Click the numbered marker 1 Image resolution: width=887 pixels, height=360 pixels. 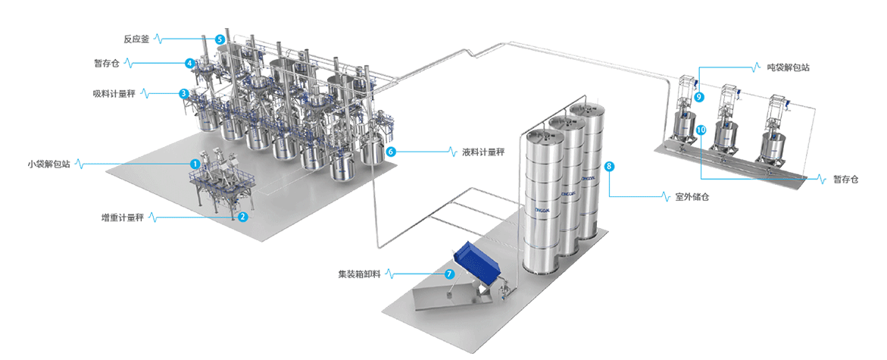(195, 164)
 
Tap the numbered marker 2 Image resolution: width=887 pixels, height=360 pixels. (243, 217)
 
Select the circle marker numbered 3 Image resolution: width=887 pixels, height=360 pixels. (184, 94)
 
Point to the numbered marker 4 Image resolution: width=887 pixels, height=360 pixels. (189, 64)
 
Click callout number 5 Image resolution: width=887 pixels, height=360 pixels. (220, 39)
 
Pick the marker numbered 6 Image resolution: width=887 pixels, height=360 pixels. (391, 152)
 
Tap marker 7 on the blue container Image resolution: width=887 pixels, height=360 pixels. (449, 274)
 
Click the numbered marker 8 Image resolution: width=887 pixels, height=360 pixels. (609, 165)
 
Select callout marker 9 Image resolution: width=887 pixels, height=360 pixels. (699, 97)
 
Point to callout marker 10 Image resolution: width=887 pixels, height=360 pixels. (701, 130)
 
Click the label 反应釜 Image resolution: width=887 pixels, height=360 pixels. (136, 38)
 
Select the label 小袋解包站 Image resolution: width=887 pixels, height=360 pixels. (48, 164)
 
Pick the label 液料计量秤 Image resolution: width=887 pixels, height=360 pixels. (483, 152)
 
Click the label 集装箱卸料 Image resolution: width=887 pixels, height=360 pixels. (360, 274)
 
